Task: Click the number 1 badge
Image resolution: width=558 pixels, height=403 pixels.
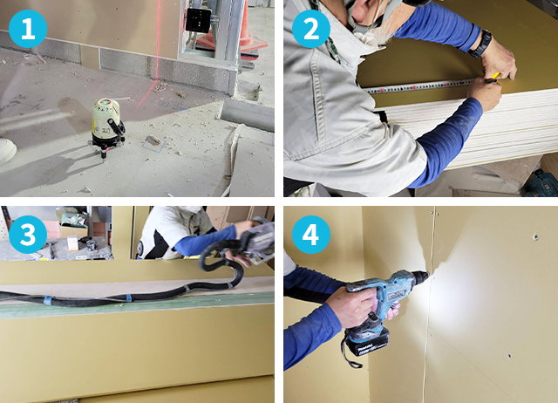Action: tap(28, 29)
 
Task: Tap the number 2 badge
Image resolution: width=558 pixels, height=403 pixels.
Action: tap(311, 29)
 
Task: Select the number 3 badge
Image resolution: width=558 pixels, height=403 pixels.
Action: tap(28, 235)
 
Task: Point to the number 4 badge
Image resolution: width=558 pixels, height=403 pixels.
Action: tap(311, 235)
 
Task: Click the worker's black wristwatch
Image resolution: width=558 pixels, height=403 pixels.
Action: tap(480, 44)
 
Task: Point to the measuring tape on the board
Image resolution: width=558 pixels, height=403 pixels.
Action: tap(420, 86)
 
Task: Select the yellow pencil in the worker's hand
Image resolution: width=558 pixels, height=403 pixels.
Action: tap(494, 76)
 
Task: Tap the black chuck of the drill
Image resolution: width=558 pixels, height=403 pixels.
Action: tap(420, 277)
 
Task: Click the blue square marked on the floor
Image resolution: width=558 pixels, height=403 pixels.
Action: tap(153, 143)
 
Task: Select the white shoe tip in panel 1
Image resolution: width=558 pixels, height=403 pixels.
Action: tap(7, 151)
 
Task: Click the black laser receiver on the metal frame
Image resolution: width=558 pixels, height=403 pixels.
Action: tap(198, 20)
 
